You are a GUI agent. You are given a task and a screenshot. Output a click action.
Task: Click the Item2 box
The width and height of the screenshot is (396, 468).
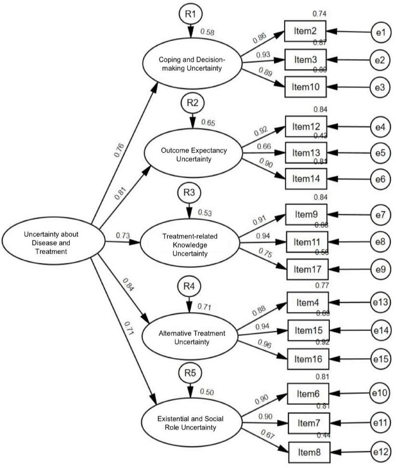pyautogui.click(x=305, y=31)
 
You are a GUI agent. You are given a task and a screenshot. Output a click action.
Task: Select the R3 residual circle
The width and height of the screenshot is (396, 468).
pyautogui.click(x=189, y=193)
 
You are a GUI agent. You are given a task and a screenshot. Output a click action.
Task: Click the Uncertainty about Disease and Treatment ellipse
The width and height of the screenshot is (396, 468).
pyautogui.click(x=53, y=241)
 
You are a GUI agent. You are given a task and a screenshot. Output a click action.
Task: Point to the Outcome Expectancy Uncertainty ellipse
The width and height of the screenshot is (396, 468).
pyautogui.click(x=193, y=153)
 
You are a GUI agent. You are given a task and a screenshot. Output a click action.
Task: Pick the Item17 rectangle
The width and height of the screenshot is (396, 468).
pyautogui.click(x=307, y=269)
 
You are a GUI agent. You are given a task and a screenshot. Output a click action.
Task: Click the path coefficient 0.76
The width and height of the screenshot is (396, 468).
pyautogui.click(x=119, y=150)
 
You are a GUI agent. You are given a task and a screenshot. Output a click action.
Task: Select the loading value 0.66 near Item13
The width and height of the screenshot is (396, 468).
pyautogui.click(x=264, y=147)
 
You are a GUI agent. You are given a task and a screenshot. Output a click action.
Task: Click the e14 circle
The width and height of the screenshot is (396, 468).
pyautogui.click(x=380, y=330)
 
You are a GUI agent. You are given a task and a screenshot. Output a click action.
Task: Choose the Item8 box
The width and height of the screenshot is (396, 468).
pyautogui.click(x=309, y=452)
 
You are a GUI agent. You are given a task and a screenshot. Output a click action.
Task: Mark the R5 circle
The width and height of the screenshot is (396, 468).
pyautogui.click(x=190, y=373)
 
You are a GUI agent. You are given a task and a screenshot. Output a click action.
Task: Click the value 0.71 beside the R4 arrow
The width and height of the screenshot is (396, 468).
pyautogui.click(x=204, y=307)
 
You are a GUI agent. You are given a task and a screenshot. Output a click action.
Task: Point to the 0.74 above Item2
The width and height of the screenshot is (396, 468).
pyautogui.click(x=319, y=14)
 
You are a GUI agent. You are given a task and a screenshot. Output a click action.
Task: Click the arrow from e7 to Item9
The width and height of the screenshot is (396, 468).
pyautogui.click(x=348, y=215)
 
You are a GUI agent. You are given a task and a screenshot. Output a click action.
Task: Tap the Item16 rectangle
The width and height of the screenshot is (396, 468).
pyautogui.click(x=308, y=359)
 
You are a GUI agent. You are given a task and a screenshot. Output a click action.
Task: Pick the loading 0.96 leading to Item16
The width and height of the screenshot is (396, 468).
pyautogui.click(x=264, y=344)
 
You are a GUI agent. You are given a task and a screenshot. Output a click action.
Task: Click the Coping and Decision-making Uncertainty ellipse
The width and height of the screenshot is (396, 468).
pyautogui.click(x=192, y=63)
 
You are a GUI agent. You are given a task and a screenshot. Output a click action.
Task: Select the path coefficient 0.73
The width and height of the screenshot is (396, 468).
pyautogui.click(x=123, y=235)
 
